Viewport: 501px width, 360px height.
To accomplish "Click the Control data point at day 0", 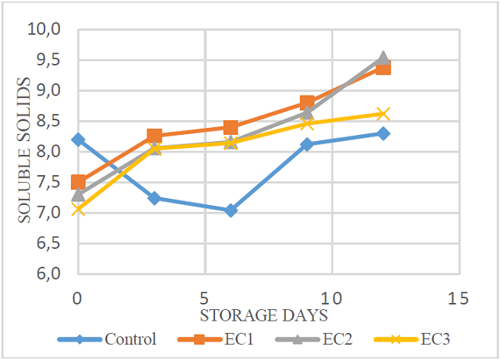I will pos(78,140).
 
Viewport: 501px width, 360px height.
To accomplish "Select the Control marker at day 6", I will pos(230,210).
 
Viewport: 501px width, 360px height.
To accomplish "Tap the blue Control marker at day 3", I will pos(154,198).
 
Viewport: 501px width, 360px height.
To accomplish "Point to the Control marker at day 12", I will pos(383,133).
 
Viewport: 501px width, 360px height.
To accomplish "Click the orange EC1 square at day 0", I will pos(78,182).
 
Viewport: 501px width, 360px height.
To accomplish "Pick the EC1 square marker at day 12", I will pos(383,68).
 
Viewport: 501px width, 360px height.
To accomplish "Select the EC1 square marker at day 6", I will pos(230,127).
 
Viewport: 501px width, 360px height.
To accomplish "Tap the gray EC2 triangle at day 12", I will pos(383,58).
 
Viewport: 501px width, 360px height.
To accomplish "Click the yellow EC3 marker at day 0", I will pos(78,209).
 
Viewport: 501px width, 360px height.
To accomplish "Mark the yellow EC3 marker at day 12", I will pos(383,114).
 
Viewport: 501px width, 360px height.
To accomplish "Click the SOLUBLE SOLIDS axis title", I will pos(25,150).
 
